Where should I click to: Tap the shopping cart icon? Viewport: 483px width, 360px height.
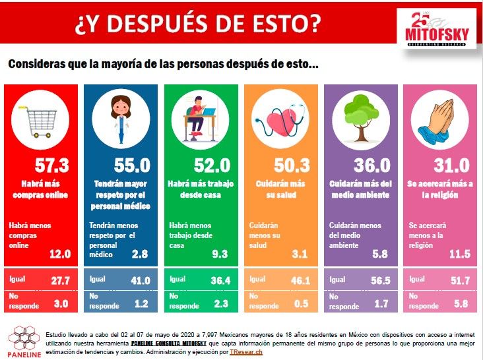(x=39, y=121)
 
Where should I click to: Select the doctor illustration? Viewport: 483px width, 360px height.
(x=121, y=119)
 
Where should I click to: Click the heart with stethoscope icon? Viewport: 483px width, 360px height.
(x=280, y=121)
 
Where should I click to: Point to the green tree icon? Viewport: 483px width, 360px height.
(x=361, y=118)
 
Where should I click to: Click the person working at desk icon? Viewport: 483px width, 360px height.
(x=200, y=119)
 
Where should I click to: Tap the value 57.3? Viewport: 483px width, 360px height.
(x=51, y=165)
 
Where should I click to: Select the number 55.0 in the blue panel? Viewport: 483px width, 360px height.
(x=132, y=165)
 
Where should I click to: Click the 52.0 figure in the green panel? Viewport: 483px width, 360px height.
(x=212, y=165)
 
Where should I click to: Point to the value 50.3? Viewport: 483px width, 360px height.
(x=292, y=165)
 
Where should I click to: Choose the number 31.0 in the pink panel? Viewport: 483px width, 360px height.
(x=452, y=165)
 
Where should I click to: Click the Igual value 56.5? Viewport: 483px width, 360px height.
(x=381, y=280)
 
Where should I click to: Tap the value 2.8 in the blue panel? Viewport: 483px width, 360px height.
(x=140, y=254)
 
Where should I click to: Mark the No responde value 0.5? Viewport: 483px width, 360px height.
(x=302, y=304)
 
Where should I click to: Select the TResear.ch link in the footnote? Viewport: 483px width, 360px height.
(x=246, y=352)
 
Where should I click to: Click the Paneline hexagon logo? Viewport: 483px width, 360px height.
(x=24, y=338)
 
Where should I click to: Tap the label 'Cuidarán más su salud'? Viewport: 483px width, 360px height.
(x=280, y=189)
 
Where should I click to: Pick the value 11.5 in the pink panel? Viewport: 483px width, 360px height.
(x=460, y=254)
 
